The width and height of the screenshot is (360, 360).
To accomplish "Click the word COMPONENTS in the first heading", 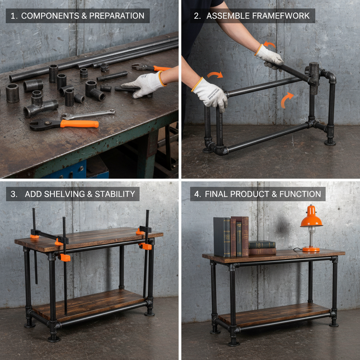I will pyautogui.click(x=45, y=16).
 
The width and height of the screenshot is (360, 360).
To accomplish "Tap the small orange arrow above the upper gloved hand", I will pyautogui.click(x=270, y=45).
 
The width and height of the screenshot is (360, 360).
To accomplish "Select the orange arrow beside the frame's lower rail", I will pyautogui.click(x=287, y=100).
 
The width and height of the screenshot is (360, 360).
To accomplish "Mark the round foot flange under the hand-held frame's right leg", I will pyautogui.click(x=330, y=142).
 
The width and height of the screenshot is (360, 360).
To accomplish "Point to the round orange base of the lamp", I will pyautogui.click(x=311, y=249).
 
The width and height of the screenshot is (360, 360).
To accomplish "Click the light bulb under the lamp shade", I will pyautogui.click(x=311, y=230).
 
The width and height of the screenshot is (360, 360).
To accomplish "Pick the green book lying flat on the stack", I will pyautogui.click(x=262, y=245).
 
